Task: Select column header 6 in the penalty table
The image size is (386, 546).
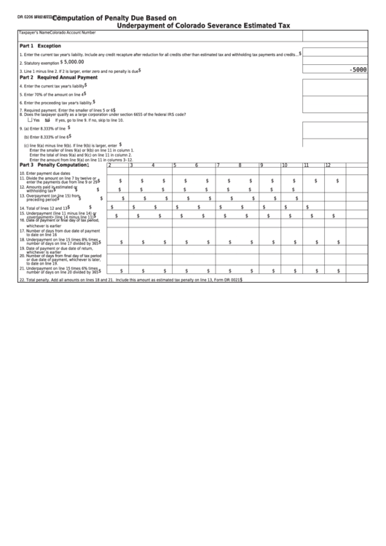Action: [x=197, y=165]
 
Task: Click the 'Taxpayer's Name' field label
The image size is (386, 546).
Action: [x=34, y=33]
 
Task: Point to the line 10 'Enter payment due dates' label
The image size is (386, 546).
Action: [x=47, y=173]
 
